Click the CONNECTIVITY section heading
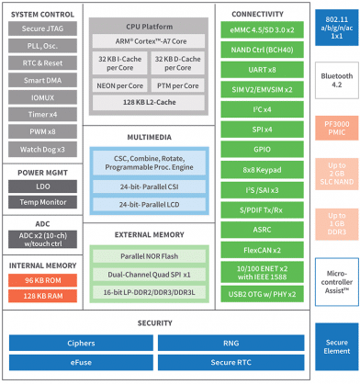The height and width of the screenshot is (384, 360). (x=263, y=12)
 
